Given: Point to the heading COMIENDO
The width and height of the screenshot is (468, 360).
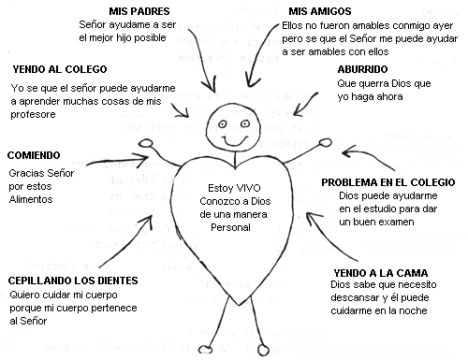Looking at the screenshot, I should [x=35, y=154].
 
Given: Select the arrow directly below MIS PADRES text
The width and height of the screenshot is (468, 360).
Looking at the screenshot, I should [x=198, y=56].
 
